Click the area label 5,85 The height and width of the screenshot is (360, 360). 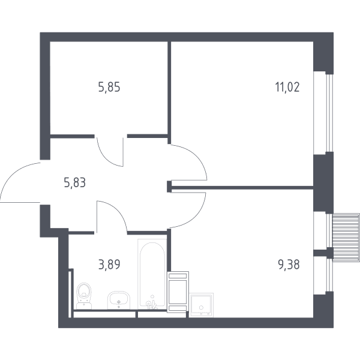(109, 88)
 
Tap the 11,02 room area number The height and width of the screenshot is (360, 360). (287, 87)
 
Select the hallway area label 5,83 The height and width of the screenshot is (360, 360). (75, 183)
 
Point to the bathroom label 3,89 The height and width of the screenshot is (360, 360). (109, 265)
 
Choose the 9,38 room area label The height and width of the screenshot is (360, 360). (289, 265)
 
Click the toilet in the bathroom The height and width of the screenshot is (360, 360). (84, 296)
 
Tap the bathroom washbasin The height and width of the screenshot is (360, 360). (119, 301)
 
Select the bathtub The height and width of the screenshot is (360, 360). (152, 274)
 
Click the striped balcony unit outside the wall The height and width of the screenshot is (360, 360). (346, 238)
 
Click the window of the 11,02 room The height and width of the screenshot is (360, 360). (329, 113)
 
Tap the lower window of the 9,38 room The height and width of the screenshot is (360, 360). (329, 275)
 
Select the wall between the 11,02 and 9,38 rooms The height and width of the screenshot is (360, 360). (242, 188)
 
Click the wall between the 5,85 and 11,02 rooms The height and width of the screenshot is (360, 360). (169, 92)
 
